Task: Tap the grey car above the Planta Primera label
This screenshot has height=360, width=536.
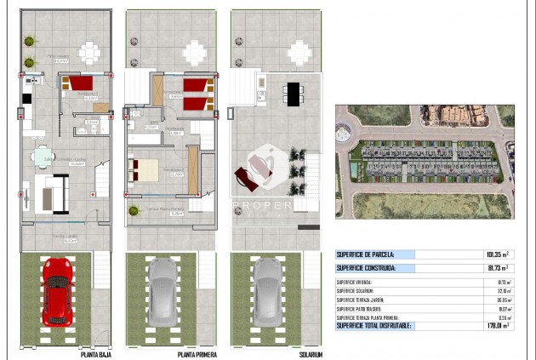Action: [162, 291]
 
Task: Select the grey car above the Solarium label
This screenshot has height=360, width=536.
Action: [267, 291]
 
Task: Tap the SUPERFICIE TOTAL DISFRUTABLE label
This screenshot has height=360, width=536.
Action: [373, 324]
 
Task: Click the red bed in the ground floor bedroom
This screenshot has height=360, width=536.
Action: [80, 83]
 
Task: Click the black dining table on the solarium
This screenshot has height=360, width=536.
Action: [294, 93]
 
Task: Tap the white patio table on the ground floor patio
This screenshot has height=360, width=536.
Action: [89, 53]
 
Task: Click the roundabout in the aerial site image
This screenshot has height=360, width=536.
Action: [344, 132]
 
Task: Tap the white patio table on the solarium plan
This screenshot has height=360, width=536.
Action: [299, 53]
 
